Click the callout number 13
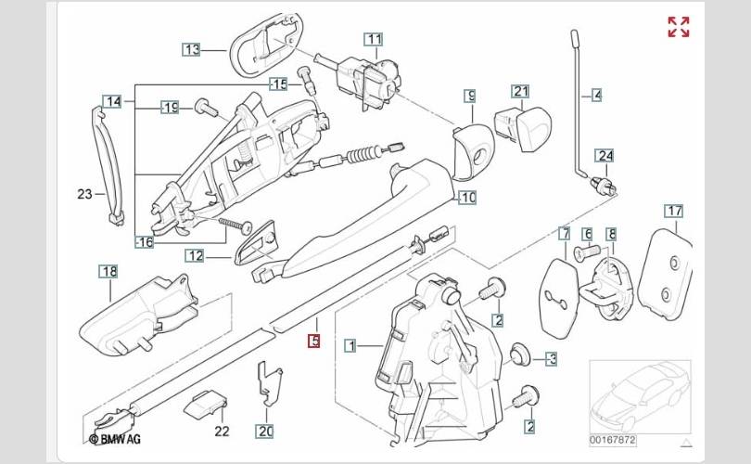point(191,49)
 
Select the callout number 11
point(373,39)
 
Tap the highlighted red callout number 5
point(314,342)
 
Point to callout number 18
point(109,271)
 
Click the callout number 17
point(673,211)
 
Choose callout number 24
point(605,155)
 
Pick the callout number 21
point(520,91)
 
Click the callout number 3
point(551,358)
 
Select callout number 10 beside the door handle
point(467,198)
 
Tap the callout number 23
point(84,194)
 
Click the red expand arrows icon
point(679,27)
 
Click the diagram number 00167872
point(613,439)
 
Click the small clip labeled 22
point(207,404)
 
